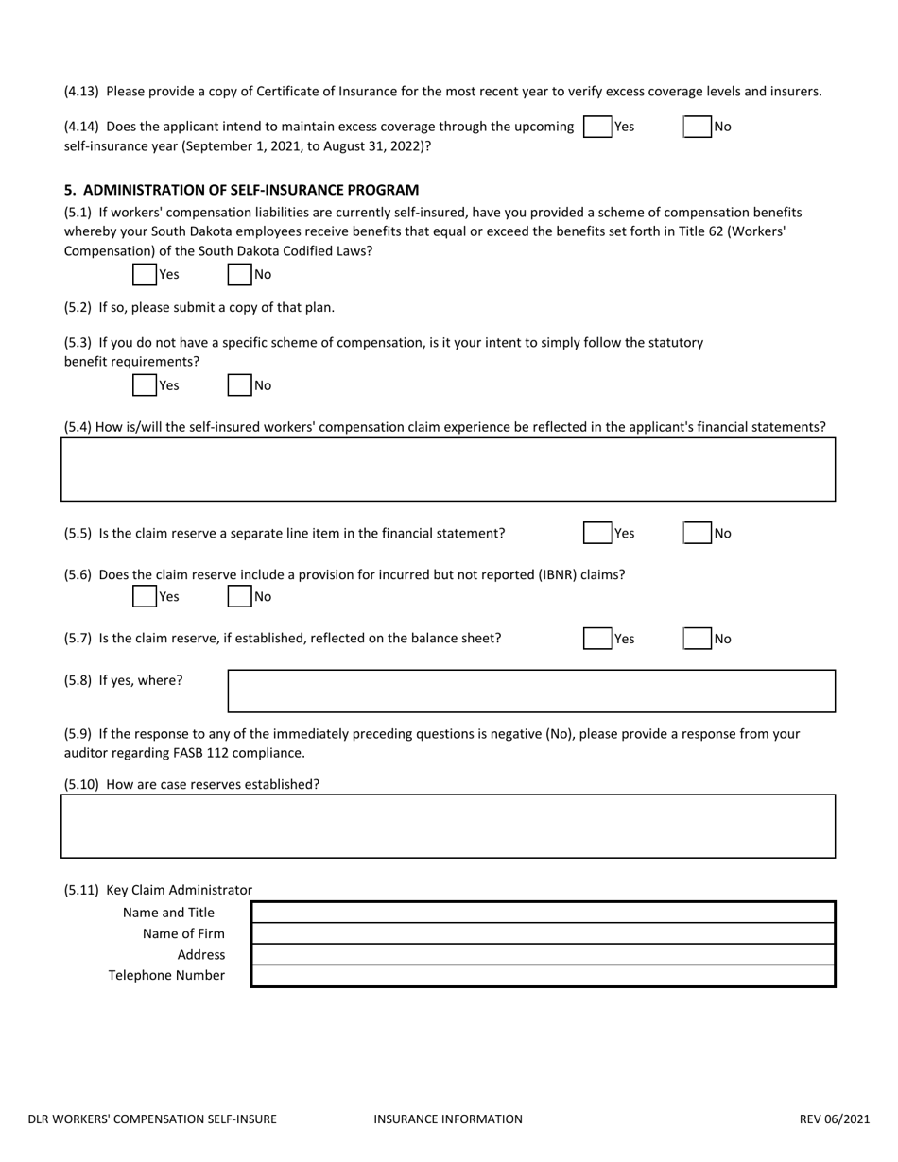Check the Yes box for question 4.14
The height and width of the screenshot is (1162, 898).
pyautogui.click(x=597, y=127)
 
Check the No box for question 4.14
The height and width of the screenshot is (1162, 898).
pyautogui.click(x=698, y=127)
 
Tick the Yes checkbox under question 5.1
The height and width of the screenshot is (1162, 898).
pyautogui.click(x=145, y=274)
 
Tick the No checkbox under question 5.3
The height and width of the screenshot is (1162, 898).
pyautogui.click(x=240, y=384)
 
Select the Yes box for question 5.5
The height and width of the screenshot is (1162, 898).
pyautogui.click(x=597, y=533)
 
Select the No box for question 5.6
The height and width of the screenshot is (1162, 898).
pyautogui.click(x=240, y=596)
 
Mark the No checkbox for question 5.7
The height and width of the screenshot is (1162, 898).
pyautogui.click(x=698, y=639)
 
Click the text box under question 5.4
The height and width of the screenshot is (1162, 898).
pyautogui.click(x=448, y=470)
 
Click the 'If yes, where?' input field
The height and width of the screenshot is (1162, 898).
pyautogui.click(x=531, y=691)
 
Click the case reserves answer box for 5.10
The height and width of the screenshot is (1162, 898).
pyautogui.click(x=448, y=826)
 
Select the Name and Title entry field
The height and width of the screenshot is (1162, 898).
pyautogui.click(x=543, y=913)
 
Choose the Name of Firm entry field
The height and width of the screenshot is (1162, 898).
pyautogui.click(x=543, y=933)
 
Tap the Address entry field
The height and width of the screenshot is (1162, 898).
pyautogui.click(x=543, y=954)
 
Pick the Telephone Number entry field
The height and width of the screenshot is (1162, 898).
pyautogui.click(x=543, y=976)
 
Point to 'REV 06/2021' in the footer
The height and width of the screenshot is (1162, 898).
pyautogui.click(x=835, y=1119)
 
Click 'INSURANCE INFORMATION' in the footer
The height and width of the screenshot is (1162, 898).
pyautogui.click(x=448, y=1119)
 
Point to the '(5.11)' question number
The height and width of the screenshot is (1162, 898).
pyautogui.click(x=82, y=890)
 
